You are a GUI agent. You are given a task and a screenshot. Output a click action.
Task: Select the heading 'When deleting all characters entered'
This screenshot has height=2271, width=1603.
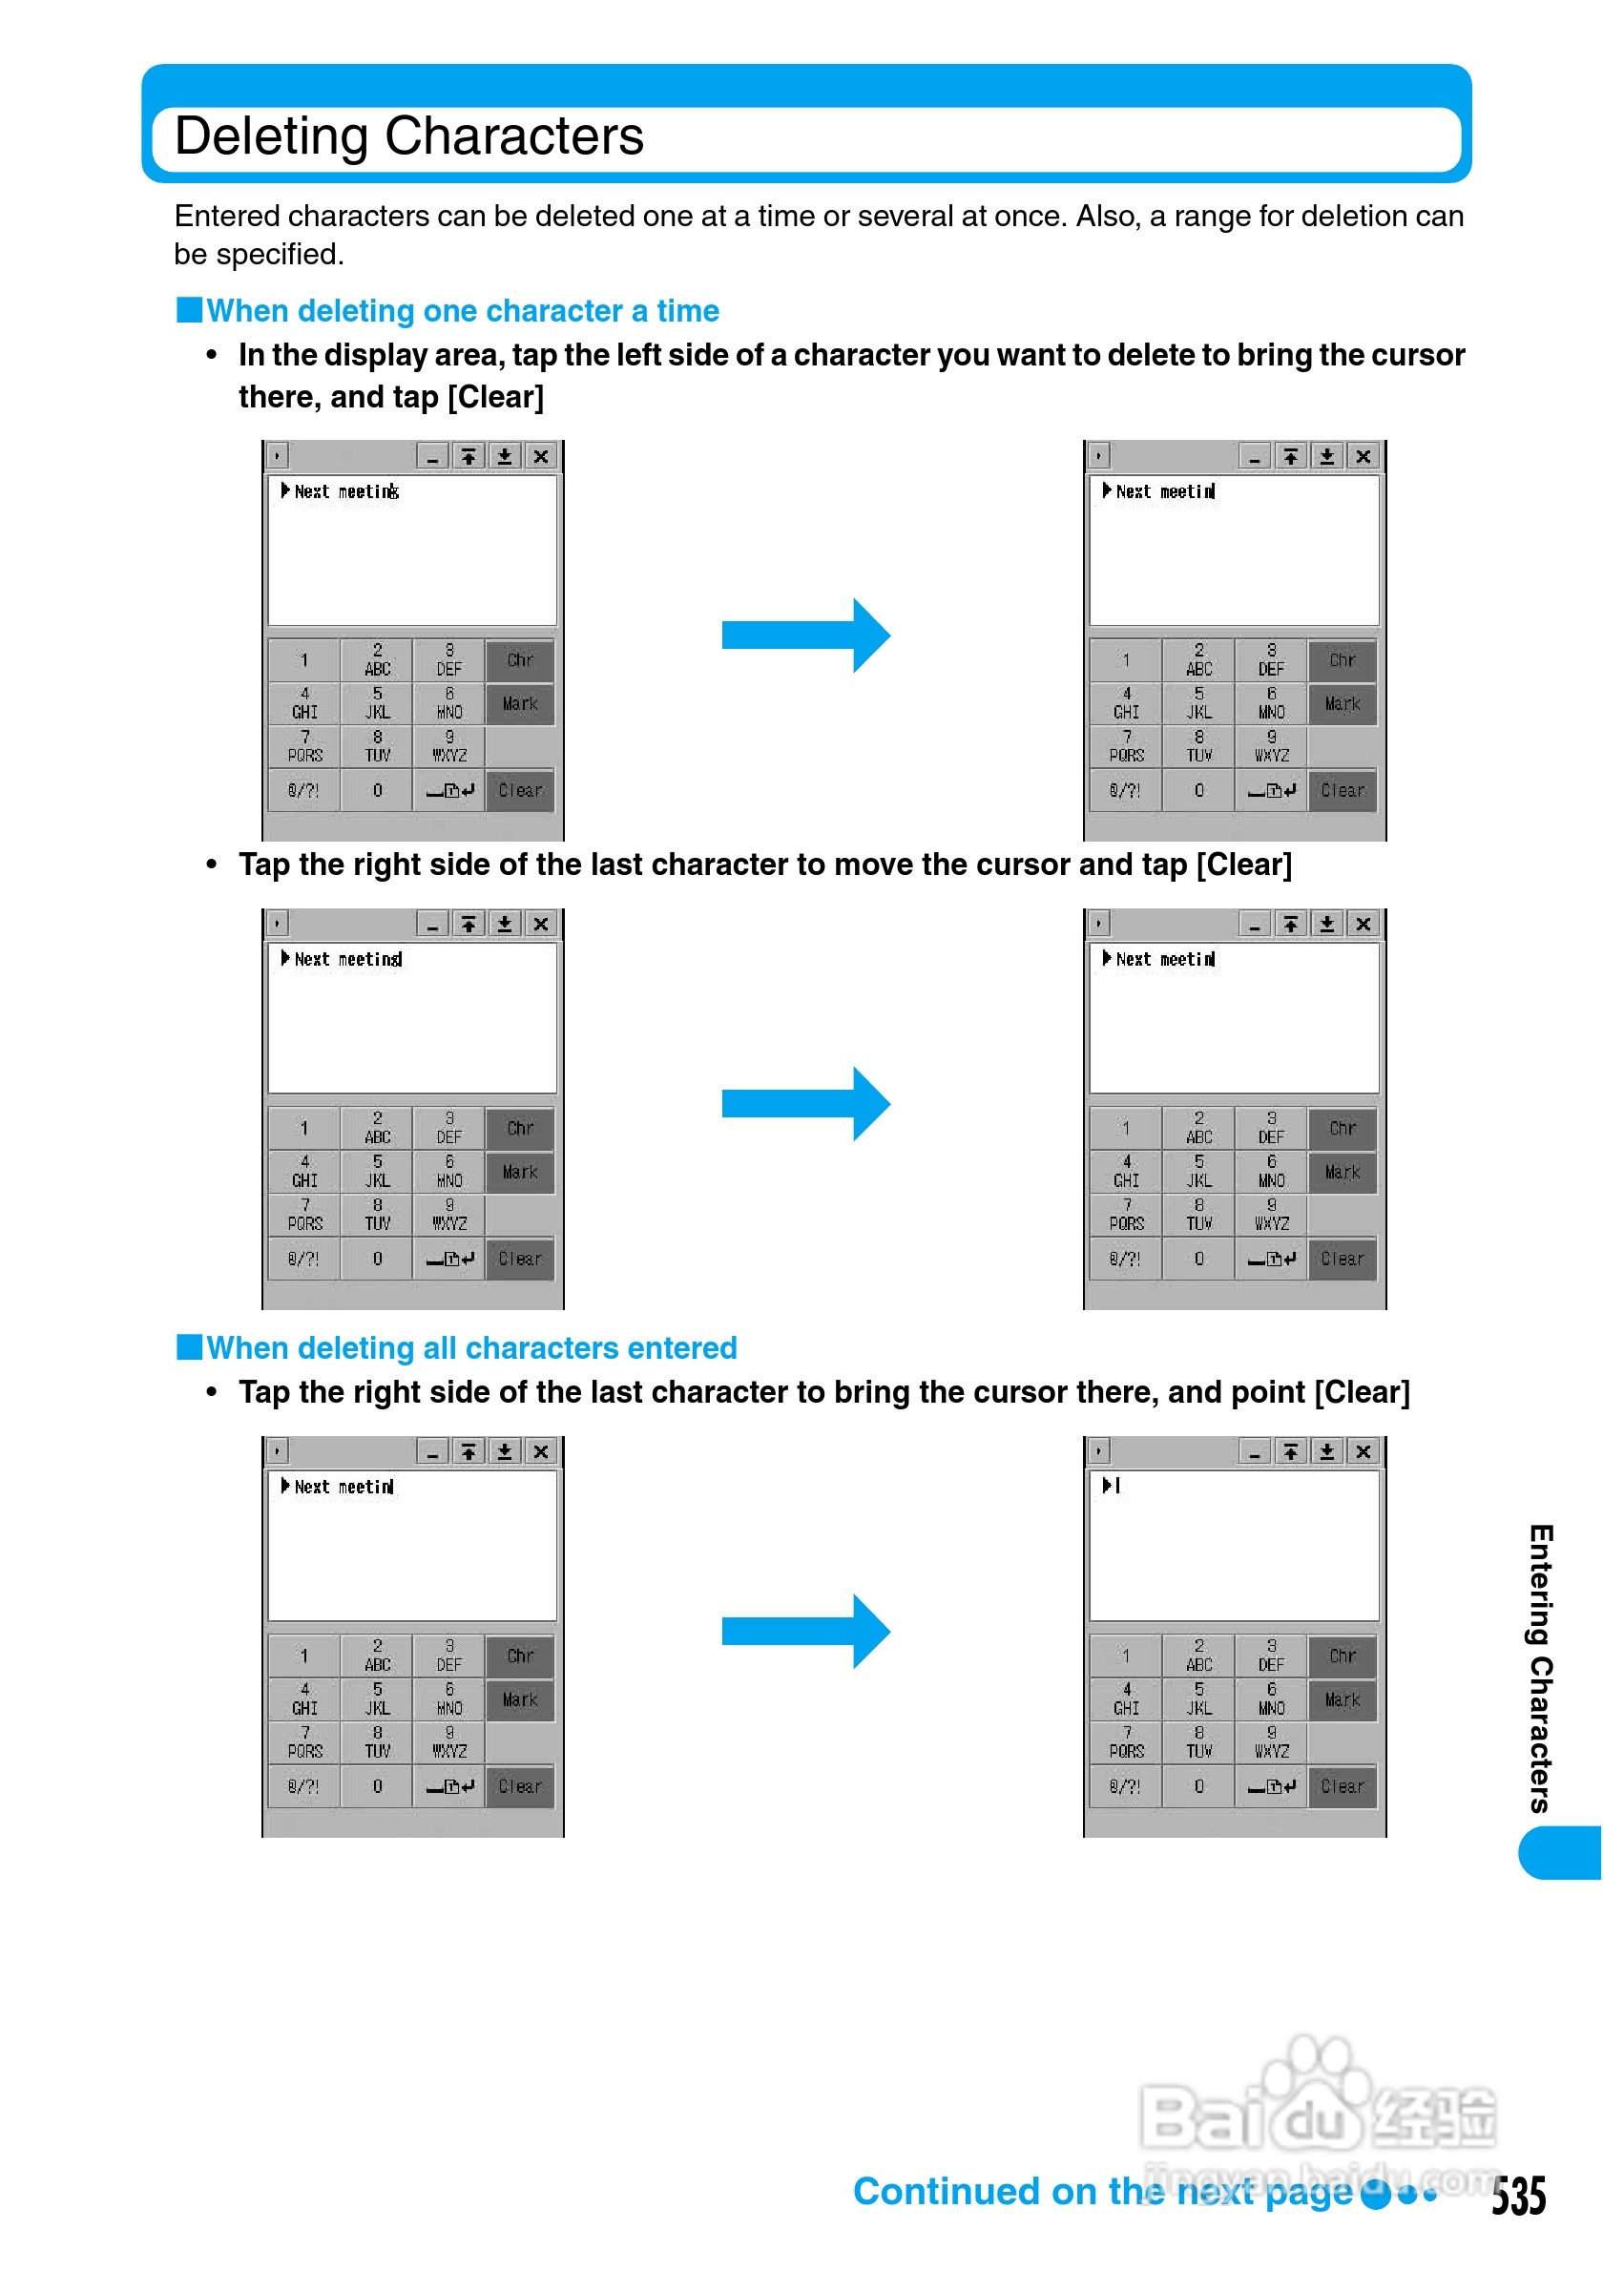(x=470, y=1347)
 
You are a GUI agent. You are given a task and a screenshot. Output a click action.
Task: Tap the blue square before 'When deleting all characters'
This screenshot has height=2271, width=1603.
(x=189, y=1347)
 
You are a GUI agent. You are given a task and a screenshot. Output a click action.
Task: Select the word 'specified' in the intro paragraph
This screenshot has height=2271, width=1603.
(x=278, y=254)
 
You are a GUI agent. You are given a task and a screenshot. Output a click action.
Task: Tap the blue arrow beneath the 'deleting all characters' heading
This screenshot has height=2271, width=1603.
(x=805, y=1631)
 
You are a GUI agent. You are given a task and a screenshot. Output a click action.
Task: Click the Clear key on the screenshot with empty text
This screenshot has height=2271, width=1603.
(x=1342, y=1786)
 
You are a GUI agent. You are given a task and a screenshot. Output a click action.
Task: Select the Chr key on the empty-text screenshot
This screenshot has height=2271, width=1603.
(x=1342, y=1656)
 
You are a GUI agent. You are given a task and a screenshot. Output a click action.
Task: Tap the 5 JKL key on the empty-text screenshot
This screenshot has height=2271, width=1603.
(x=1198, y=1698)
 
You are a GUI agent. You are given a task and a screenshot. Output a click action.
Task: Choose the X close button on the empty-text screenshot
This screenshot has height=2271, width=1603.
(x=1363, y=1451)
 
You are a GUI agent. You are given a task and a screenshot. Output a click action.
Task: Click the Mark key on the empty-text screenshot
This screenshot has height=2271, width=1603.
(x=1342, y=1699)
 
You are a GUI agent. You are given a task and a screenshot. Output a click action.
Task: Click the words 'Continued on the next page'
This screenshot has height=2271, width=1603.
(x=1103, y=2191)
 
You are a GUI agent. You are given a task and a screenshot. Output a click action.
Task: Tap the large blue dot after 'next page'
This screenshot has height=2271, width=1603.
(x=1375, y=2195)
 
